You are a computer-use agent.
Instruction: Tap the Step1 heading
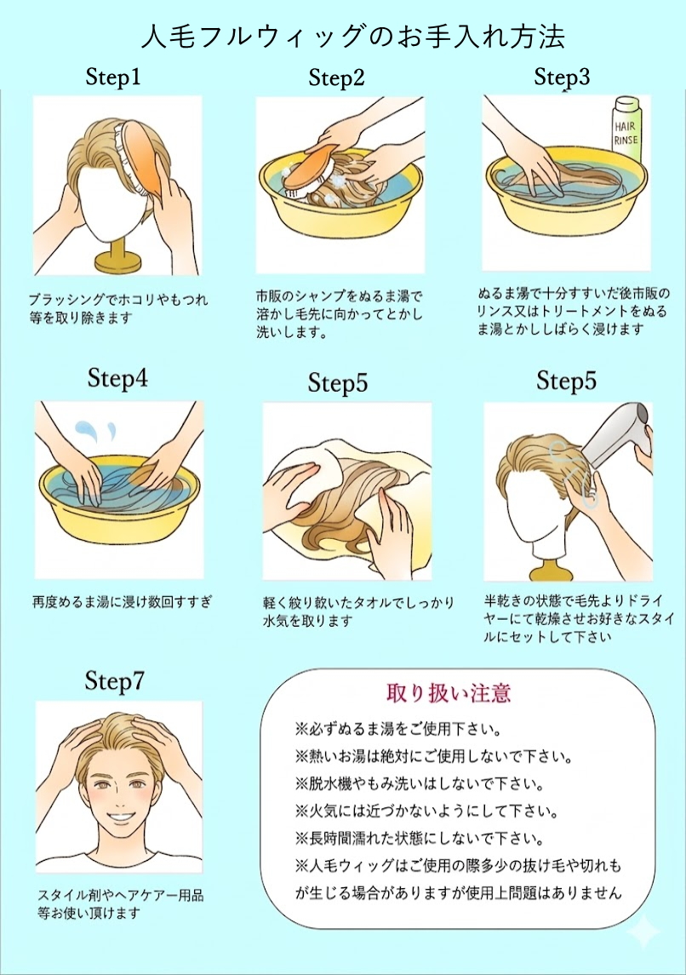pos(113,78)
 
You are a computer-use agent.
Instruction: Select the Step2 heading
pos(336,79)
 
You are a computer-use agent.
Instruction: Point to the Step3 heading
pos(562,77)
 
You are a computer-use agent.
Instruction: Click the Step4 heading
pos(117,379)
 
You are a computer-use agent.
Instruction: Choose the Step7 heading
pos(115,681)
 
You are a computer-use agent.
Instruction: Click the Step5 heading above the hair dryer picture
pos(566,381)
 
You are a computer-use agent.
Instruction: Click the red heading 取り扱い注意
pos(449,692)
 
